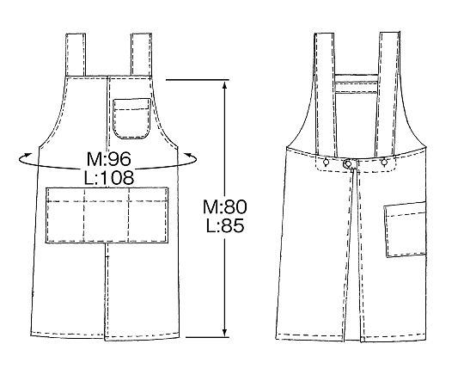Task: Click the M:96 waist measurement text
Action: (108, 159)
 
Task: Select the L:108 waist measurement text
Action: (109, 178)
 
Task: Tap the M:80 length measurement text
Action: (224, 206)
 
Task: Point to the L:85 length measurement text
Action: (225, 225)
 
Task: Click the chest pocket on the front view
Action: (131, 119)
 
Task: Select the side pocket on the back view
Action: (405, 229)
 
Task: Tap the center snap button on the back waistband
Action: (348, 163)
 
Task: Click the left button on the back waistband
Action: (326, 162)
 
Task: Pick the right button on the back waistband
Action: (384, 162)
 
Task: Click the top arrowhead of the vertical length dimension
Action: (224, 85)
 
